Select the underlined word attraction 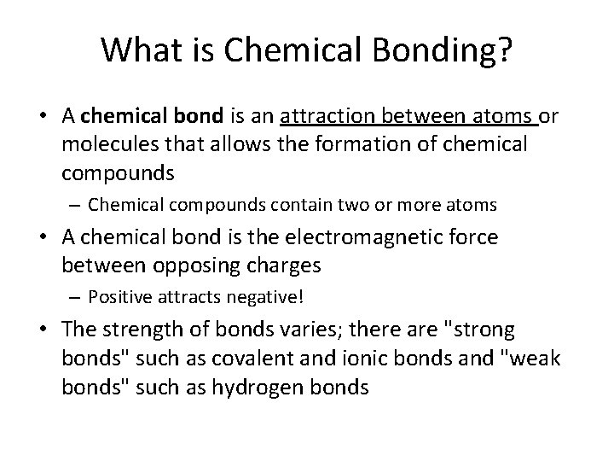[x=328, y=116]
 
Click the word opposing [x=187, y=266]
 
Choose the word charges [x=281, y=266]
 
